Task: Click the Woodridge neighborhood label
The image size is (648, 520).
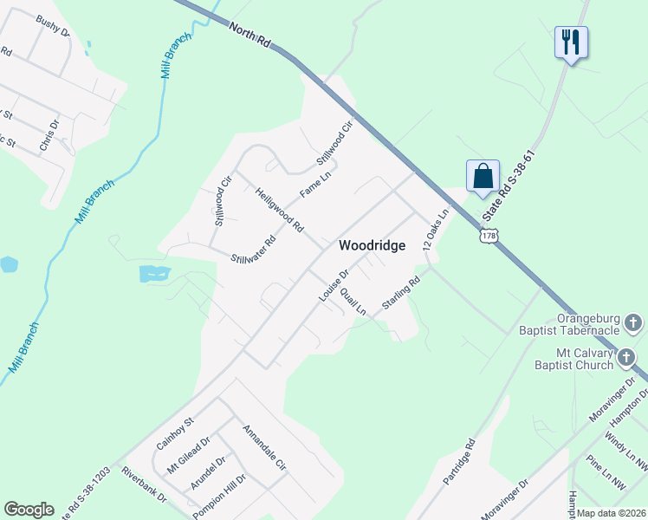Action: (372, 245)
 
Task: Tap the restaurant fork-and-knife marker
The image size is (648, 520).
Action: (571, 42)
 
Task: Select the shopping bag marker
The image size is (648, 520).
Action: (483, 176)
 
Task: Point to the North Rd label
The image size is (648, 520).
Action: (249, 39)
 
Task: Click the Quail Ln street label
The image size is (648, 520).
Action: (353, 301)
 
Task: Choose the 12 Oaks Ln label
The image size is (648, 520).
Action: (437, 230)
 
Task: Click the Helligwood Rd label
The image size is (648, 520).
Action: (280, 210)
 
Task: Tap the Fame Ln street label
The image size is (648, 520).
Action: (315, 184)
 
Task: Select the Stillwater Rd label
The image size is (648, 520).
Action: (253, 249)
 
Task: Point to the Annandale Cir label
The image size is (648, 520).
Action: (264, 447)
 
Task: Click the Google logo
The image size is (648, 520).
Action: (29, 510)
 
